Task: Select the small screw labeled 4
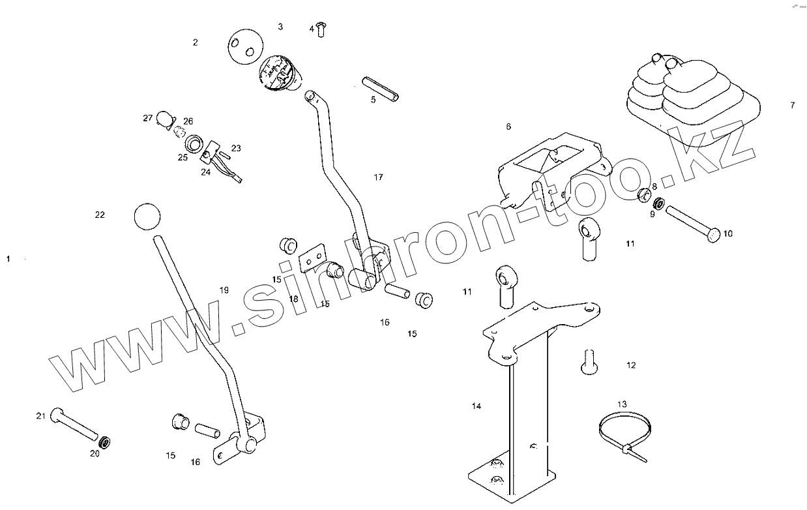320,29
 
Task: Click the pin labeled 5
381,89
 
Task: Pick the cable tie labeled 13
622,435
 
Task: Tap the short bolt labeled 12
589,362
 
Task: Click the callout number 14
477,406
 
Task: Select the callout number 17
379,177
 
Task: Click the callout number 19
224,290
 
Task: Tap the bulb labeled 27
164,119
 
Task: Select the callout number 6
508,127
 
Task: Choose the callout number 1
8,259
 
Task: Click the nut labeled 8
643,194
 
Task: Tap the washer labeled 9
659,204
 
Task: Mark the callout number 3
280,27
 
